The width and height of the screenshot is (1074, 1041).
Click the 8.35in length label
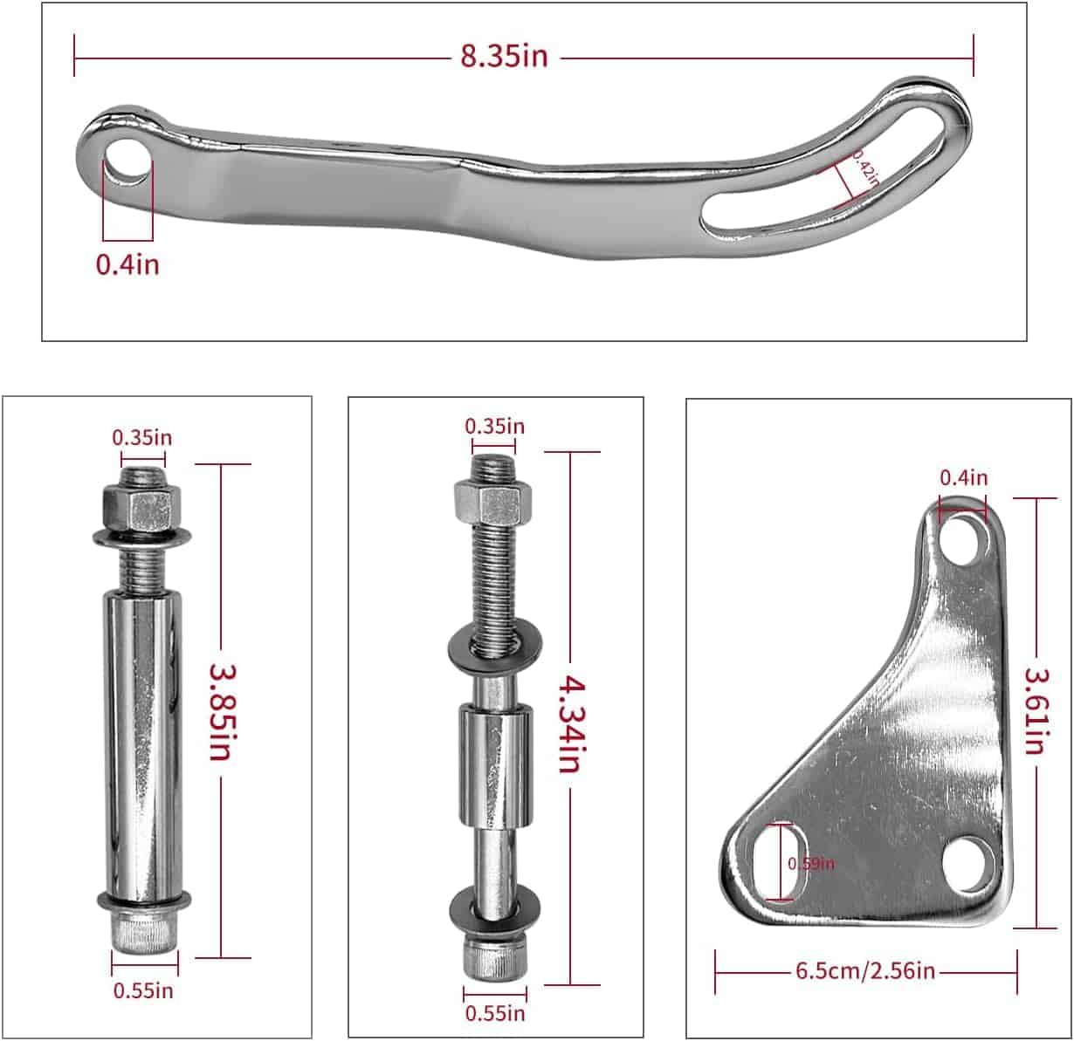[505, 56]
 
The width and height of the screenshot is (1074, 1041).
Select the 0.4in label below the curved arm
[127, 264]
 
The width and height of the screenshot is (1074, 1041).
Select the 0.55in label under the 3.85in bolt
[143, 990]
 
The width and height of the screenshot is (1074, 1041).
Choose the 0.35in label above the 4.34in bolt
[494, 426]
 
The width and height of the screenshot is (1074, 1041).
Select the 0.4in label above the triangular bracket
[963, 477]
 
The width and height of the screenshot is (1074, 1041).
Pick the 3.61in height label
[1036, 711]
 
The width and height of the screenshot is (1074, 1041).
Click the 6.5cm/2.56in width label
[865, 971]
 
